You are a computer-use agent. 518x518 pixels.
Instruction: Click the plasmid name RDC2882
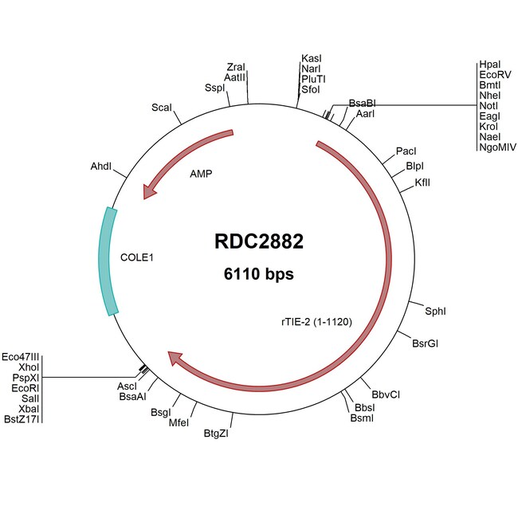[259, 241]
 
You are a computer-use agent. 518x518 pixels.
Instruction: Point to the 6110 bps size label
[259, 275]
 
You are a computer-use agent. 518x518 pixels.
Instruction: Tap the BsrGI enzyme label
[425, 343]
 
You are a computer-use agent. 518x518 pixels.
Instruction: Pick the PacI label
[406, 151]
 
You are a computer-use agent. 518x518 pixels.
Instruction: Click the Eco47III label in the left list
[21, 356]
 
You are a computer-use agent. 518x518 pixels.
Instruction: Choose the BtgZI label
[217, 433]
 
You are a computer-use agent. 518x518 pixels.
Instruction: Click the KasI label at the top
[312, 59]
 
